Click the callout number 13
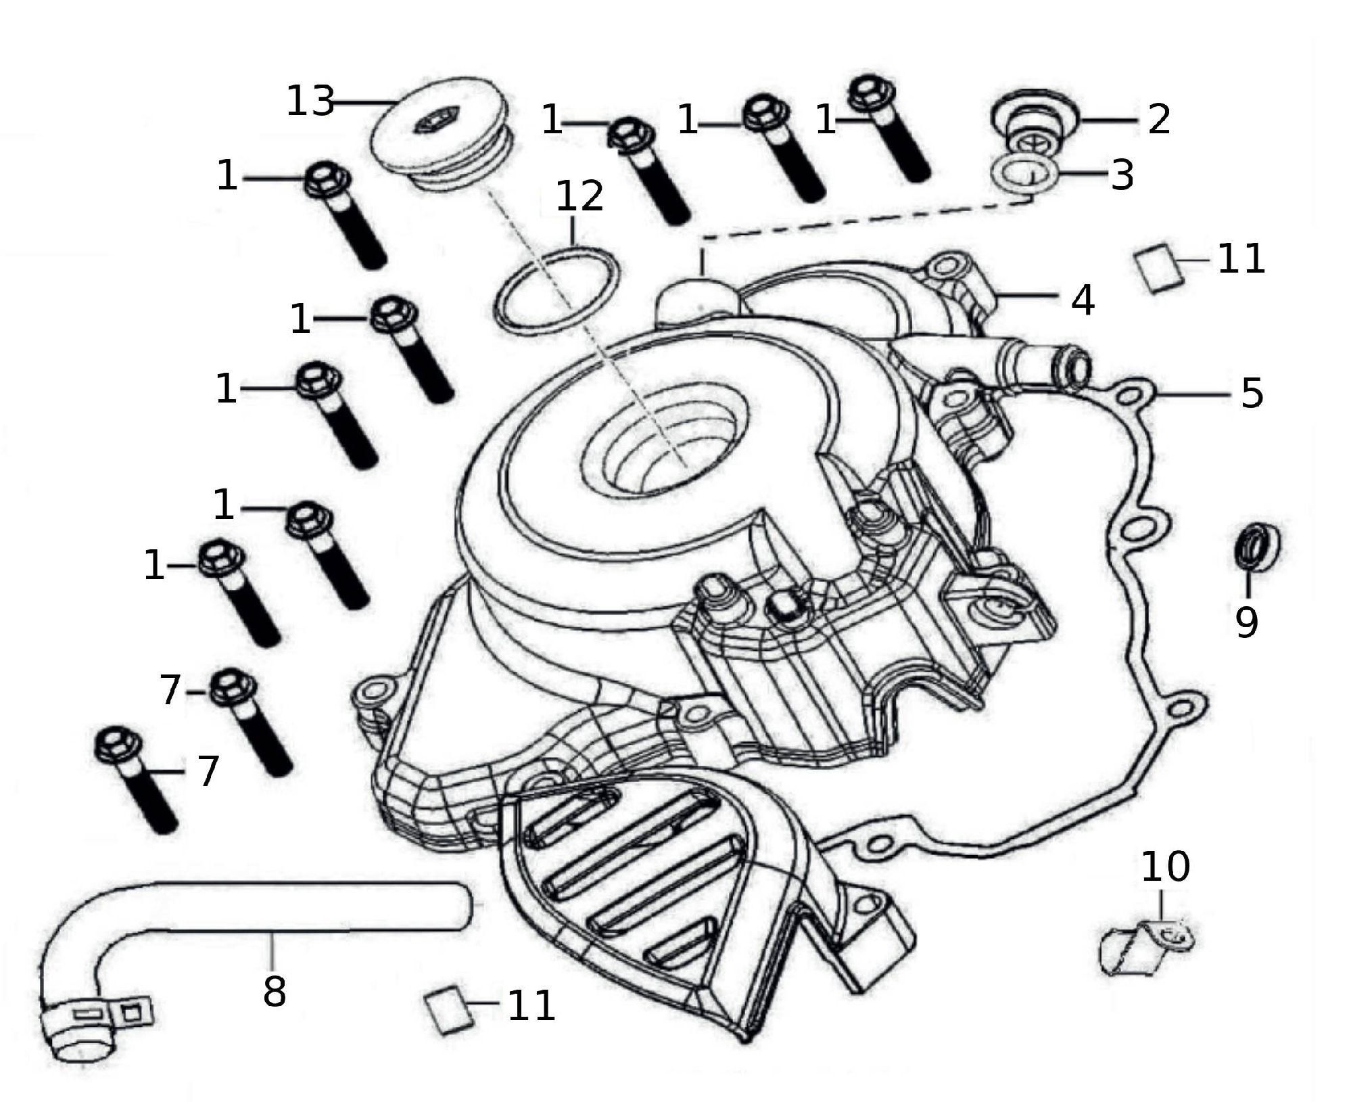(x=310, y=101)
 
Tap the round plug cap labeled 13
(x=444, y=134)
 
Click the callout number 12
(x=579, y=196)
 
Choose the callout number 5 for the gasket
(x=1252, y=392)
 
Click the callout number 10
(x=1165, y=867)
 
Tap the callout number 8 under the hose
(x=275, y=991)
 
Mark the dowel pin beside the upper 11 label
(x=1158, y=267)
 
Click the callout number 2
(x=1159, y=119)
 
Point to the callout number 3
(x=1122, y=175)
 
